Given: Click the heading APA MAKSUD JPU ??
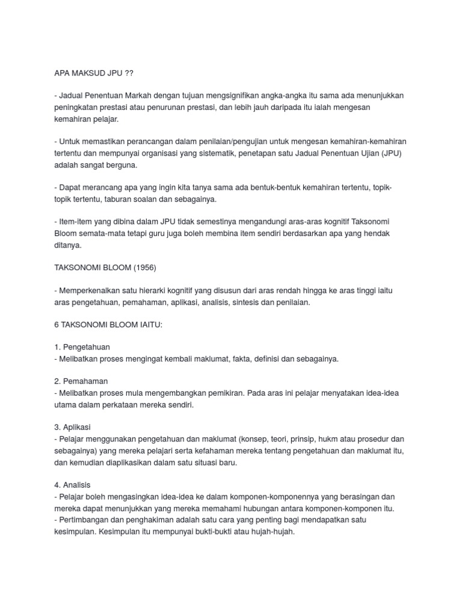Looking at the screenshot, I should (x=94, y=73).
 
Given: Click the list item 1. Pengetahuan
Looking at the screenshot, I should (x=82, y=347).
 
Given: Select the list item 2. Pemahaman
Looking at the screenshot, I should (x=82, y=381).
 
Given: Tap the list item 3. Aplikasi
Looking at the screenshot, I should (x=72, y=427).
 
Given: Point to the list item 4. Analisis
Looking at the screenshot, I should (x=72, y=485).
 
